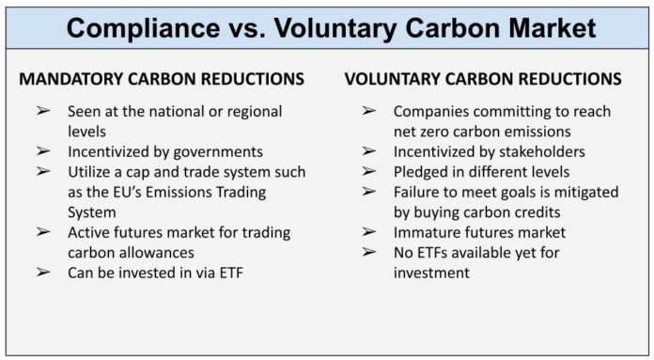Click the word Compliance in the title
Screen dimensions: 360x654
(x=145, y=27)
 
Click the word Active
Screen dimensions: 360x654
(x=90, y=232)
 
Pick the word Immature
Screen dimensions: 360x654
(x=428, y=232)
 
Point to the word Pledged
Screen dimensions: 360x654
(x=424, y=171)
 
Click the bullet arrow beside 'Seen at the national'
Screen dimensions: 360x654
(x=43, y=111)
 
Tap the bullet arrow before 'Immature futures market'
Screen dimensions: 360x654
(x=369, y=232)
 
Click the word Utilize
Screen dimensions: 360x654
(x=91, y=172)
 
